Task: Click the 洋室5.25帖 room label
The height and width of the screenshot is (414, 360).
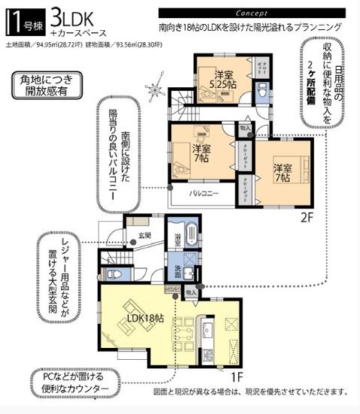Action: (x=222, y=79)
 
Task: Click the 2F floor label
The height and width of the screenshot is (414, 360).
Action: (x=306, y=218)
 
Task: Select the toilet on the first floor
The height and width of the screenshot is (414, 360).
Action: (x=114, y=273)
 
